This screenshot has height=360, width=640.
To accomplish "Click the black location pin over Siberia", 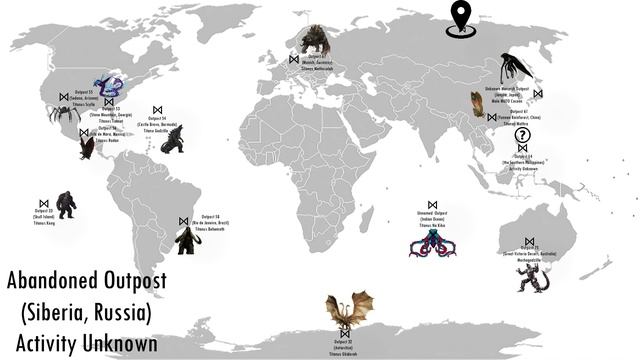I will click(x=460, y=18).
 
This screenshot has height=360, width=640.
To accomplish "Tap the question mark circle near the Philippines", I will click(x=521, y=137).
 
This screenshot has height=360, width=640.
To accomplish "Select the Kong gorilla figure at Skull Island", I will click(x=66, y=204).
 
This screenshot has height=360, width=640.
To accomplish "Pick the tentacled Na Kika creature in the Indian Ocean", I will click(x=432, y=243).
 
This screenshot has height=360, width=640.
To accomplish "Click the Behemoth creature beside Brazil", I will click(x=186, y=240).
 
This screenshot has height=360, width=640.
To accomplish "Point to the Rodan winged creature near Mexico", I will click(x=86, y=147).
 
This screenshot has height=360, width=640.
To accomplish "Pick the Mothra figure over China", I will click(x=477, y=104).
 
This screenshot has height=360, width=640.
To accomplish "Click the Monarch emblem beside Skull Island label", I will click(x=44, y=203).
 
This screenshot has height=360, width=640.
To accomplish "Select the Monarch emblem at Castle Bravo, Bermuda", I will click(x=157, y=110).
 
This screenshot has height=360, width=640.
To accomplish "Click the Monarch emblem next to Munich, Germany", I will click(x=293, y=59).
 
